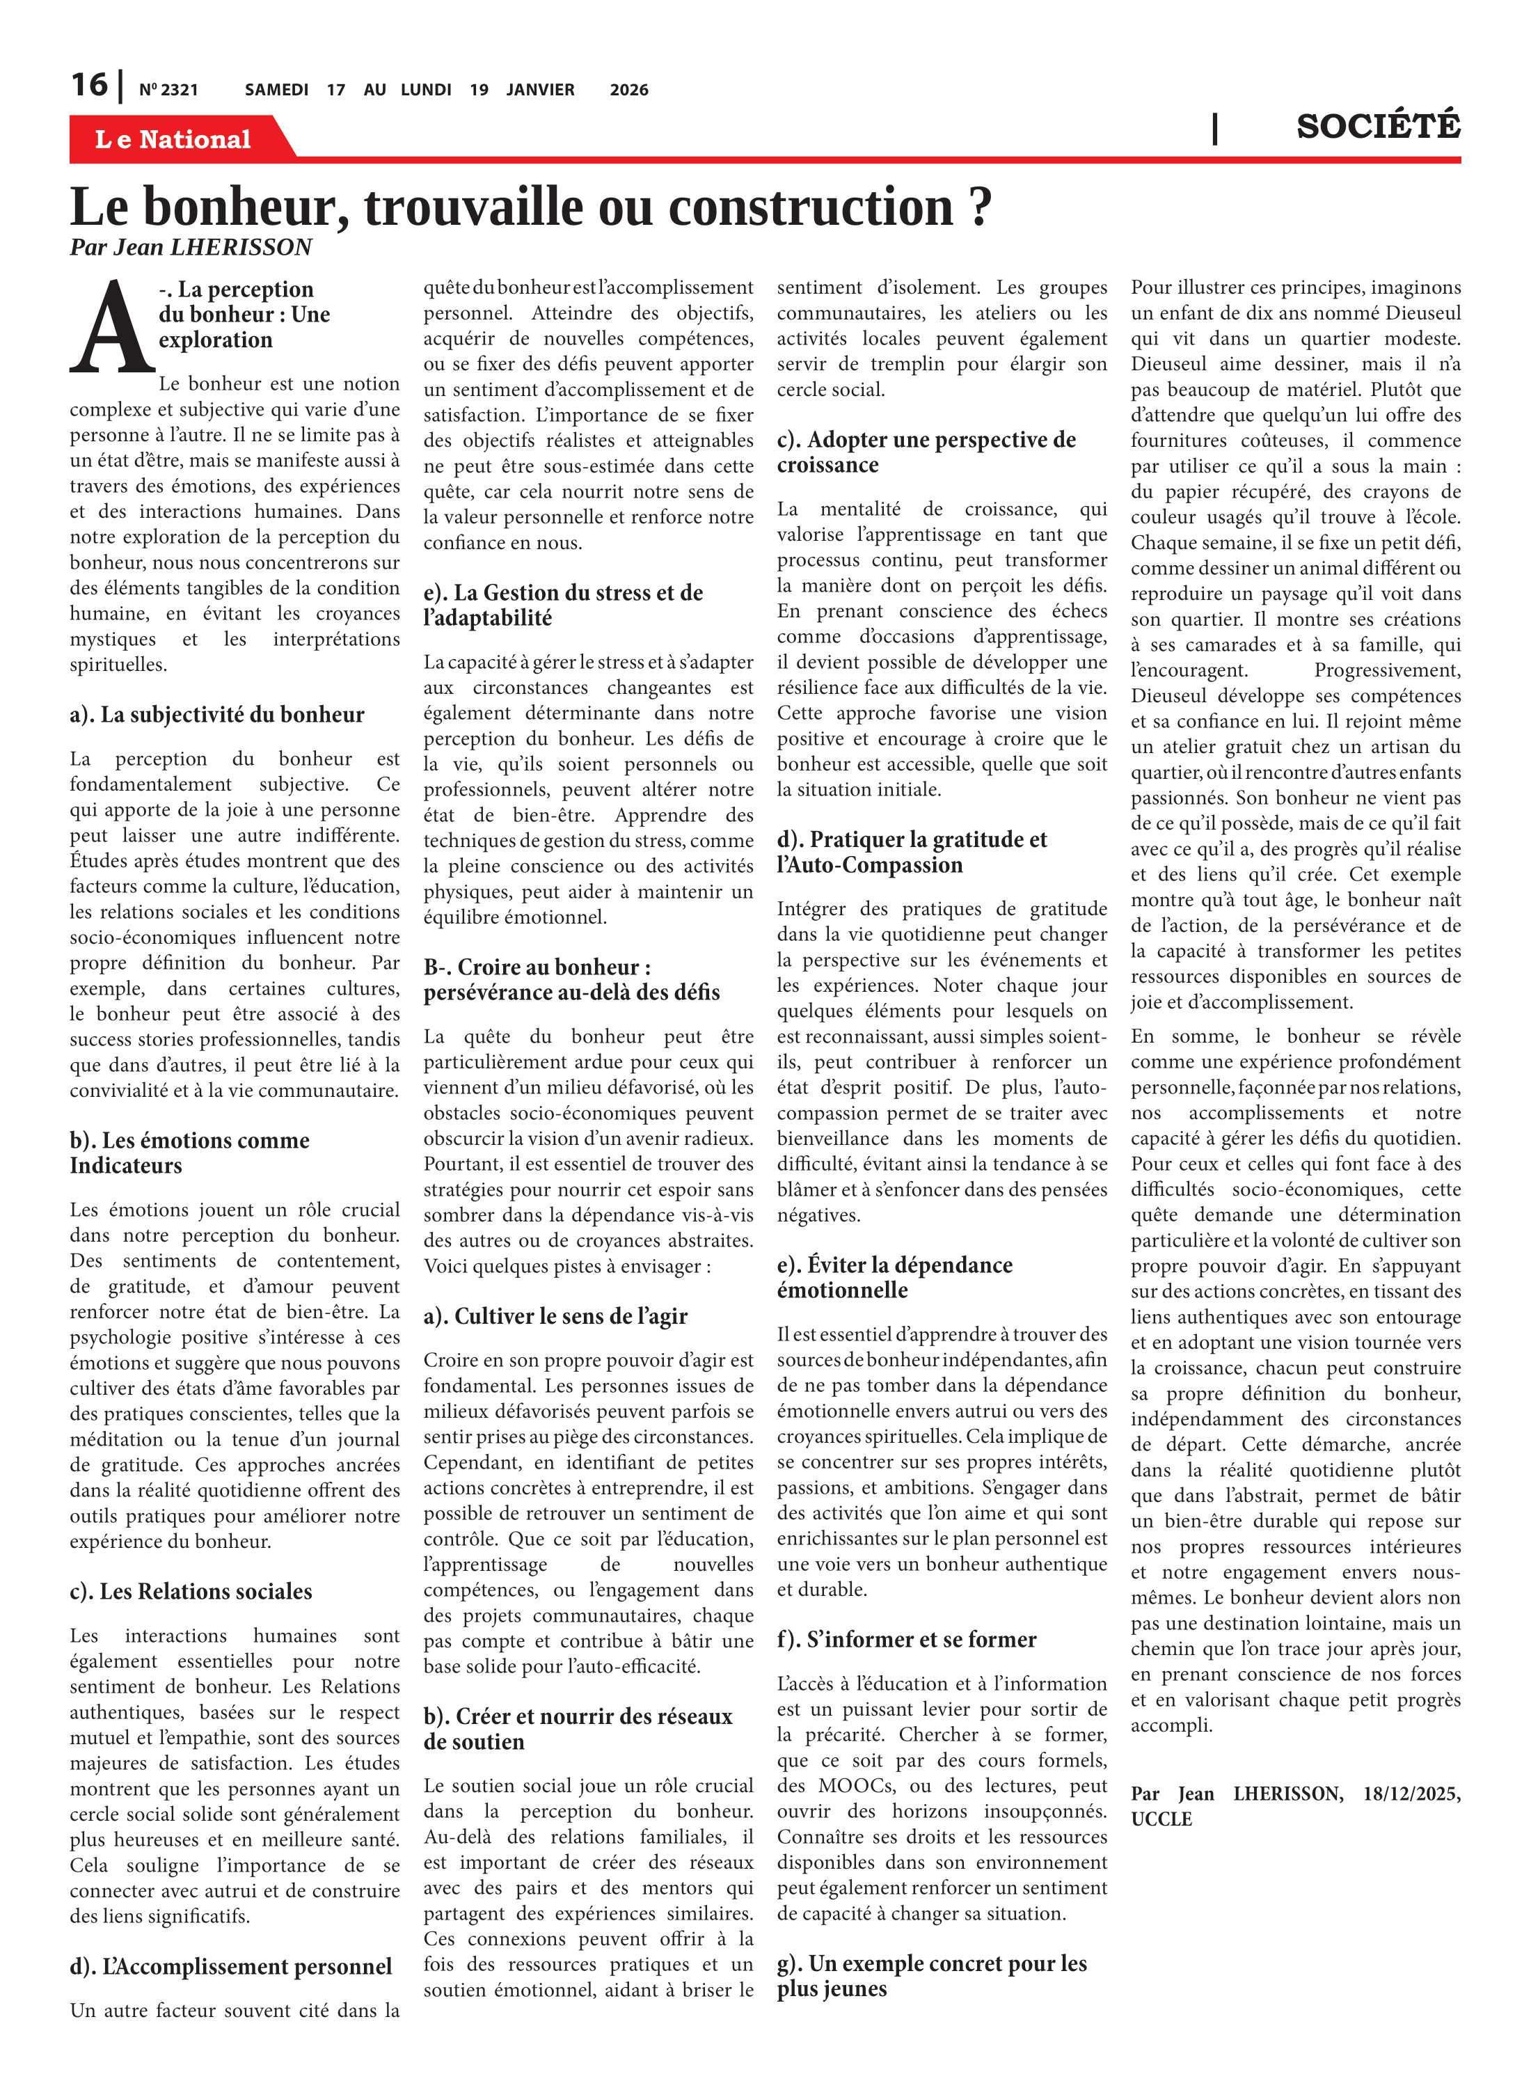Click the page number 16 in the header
point(89,86)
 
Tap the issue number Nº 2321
point(168,90)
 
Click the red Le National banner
point(173,139)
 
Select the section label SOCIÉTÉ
point(1377,126)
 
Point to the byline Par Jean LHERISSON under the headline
point(191,248)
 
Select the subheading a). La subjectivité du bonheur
point(217,715)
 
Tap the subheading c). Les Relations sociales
point(191,1591)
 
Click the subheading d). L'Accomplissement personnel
point(231,1967)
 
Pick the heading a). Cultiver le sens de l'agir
point(555,1316)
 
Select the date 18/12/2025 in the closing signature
point(1411,1794)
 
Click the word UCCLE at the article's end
point(1161,1819)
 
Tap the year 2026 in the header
point(628,90)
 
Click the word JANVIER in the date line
point(539,90)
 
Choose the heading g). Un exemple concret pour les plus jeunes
point(931,1976)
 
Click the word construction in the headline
point(811,207)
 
